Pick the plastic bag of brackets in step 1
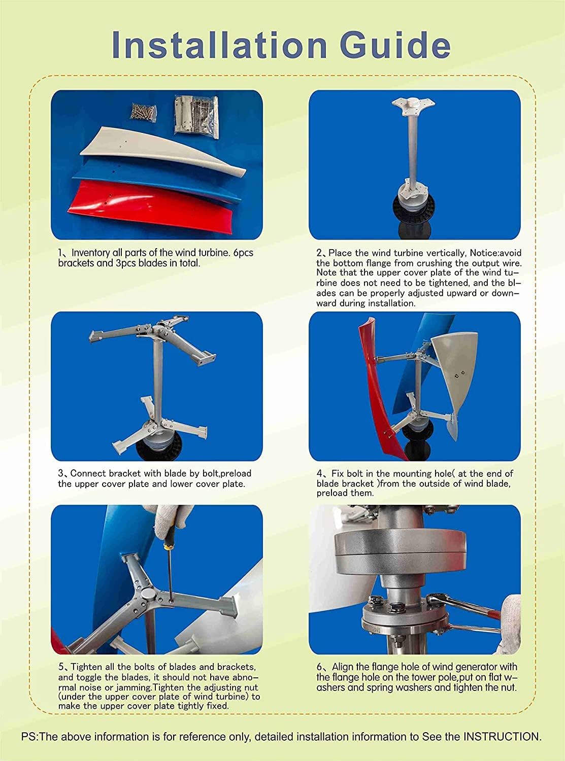195,115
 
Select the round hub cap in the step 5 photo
146,596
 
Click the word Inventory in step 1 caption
90,253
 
